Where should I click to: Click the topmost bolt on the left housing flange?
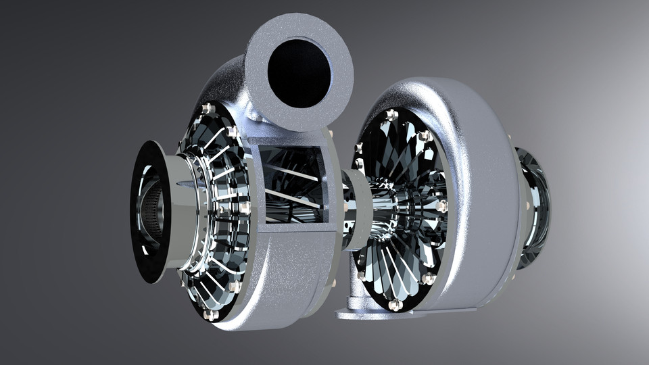207,108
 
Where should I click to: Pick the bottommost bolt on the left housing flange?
210,314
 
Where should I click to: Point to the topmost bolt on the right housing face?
391,115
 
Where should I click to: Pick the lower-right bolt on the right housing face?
427,278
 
